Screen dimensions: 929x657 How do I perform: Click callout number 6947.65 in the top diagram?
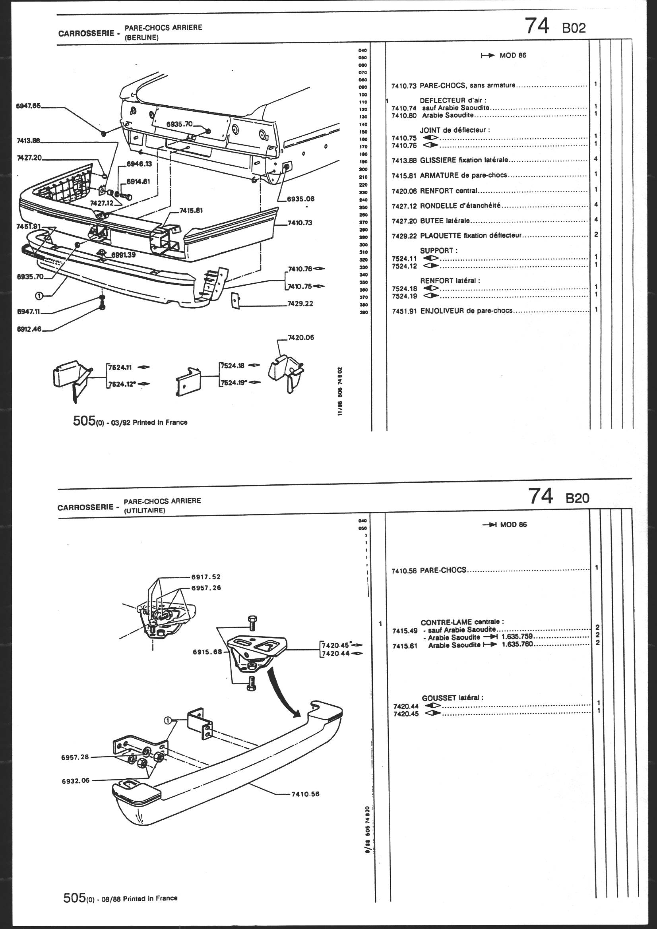[x=28, y=106]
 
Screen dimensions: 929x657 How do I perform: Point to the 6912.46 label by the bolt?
[x=29, y=329]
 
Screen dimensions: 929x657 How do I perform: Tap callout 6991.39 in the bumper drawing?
[x=124, y=255]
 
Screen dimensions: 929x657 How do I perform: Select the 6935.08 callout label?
[x=300, y=199]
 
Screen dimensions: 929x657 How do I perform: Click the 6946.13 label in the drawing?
[x=139, y=164]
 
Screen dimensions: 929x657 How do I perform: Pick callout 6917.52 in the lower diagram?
[x=206, y=577]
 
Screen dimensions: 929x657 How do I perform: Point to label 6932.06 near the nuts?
[x=76, y=780]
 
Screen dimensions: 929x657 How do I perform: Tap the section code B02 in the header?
[x=573, y=28]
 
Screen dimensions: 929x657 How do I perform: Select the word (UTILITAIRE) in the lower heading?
[x=145, y=510]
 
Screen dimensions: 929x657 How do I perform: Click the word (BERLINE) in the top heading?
[x=141, y=38]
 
